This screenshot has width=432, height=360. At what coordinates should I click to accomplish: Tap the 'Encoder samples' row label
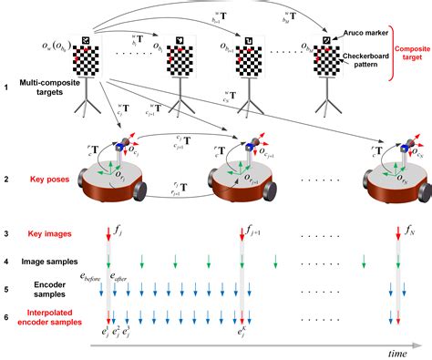click(45, 291)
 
